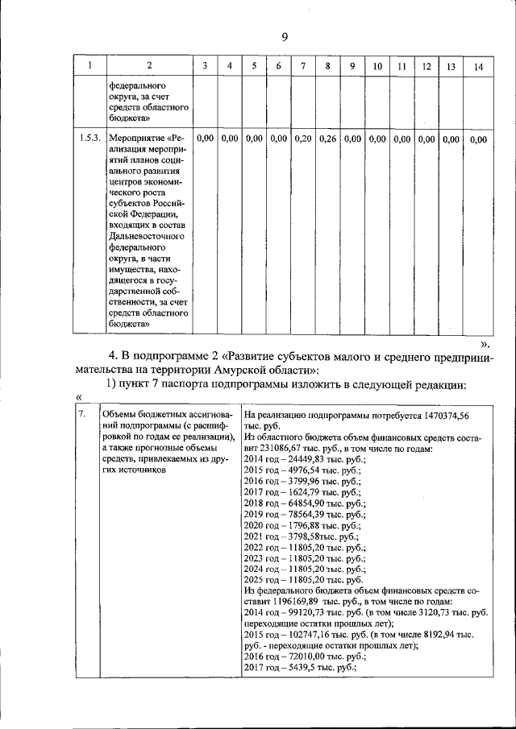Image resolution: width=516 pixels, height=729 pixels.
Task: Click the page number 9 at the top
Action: [285, 36]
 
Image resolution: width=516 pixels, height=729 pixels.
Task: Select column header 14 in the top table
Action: [478, 66]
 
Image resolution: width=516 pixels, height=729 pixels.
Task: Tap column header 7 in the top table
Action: [303, 66]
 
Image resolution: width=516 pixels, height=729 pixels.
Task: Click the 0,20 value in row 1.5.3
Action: [303, 139]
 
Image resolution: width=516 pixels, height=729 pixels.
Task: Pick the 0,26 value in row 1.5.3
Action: [327, 139]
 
